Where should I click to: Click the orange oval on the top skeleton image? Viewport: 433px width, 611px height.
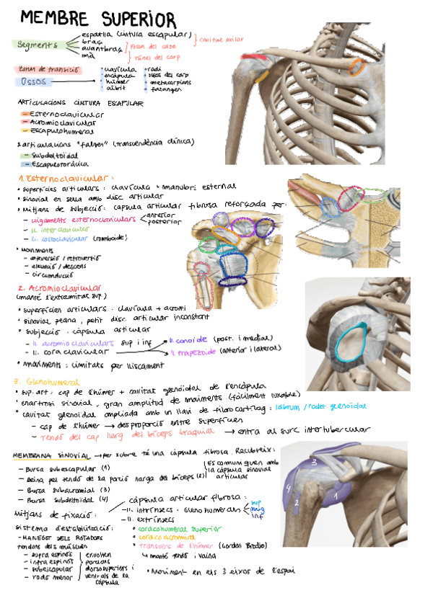click(x=357, y=67)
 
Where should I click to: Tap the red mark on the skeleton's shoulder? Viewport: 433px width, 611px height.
click(x=257, y=57)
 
